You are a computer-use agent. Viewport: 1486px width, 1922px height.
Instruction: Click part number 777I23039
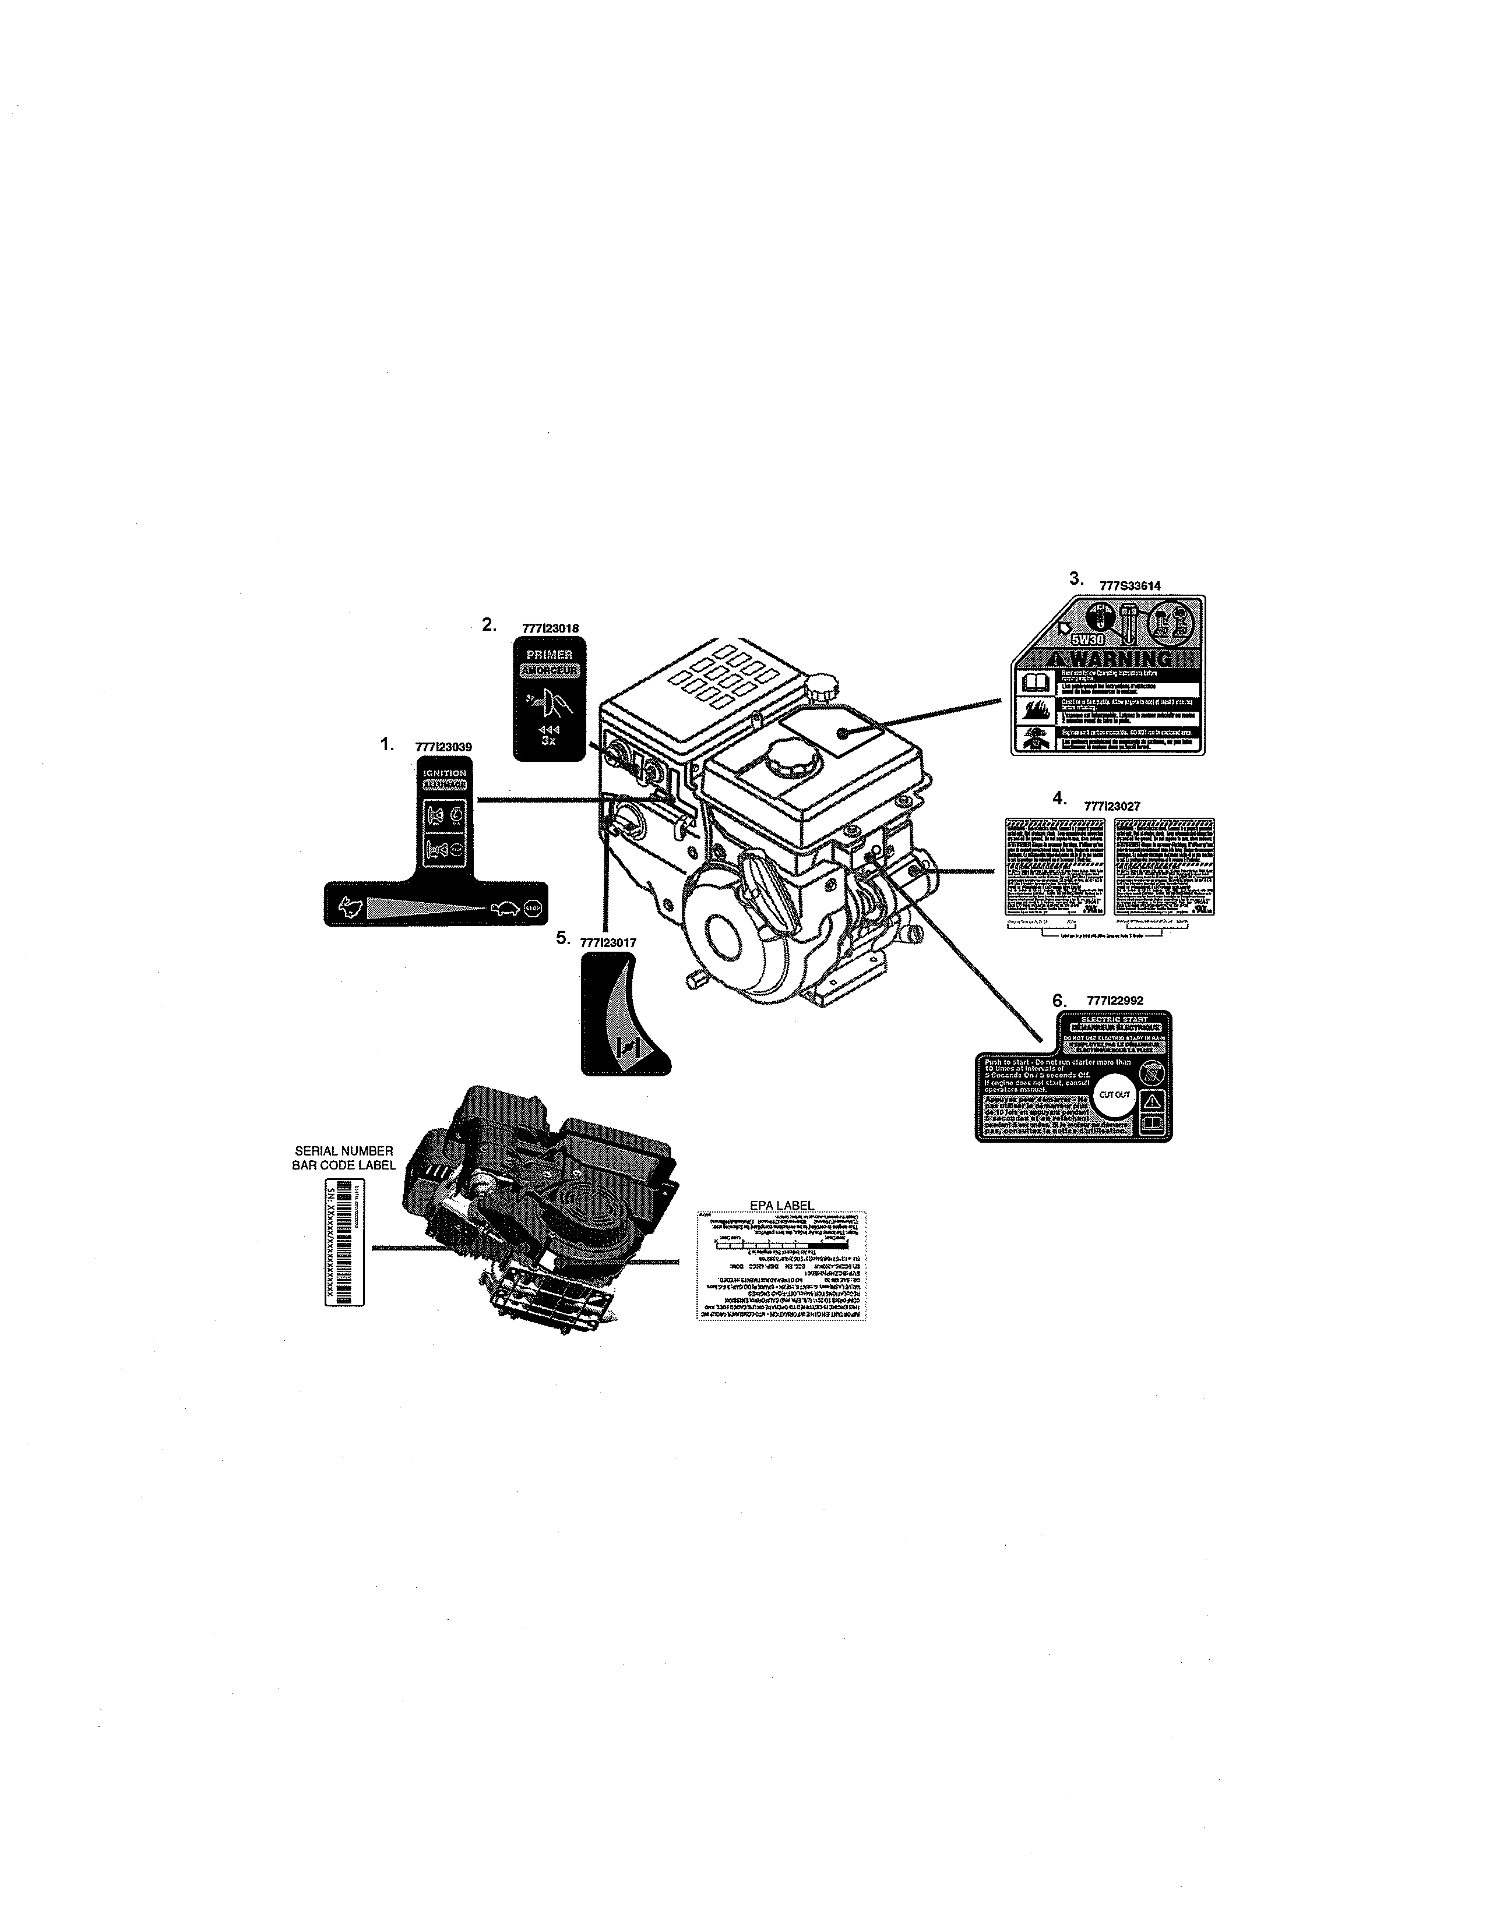tap(443, 747)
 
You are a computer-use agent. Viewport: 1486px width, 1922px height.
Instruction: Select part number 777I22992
tap(1114, 1001)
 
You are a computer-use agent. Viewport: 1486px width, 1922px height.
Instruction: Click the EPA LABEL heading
tap(781, 1205)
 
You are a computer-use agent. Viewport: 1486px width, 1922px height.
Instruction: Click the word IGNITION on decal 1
tap(445, 773)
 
